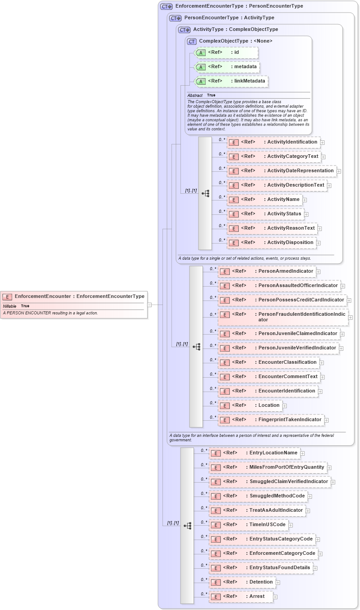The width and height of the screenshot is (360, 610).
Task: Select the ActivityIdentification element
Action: [273, 142]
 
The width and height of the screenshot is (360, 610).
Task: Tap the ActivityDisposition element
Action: [271, 243]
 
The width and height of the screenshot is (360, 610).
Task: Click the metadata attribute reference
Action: [227, 67]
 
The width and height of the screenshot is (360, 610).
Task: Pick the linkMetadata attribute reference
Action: [232, 81]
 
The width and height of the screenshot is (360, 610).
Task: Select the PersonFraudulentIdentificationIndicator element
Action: [282, 317]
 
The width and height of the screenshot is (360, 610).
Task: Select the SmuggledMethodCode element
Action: [258, 496]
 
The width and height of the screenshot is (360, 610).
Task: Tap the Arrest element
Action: [241, 597]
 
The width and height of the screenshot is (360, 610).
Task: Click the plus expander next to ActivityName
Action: [305, 200]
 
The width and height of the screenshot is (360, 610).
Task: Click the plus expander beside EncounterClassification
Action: [322, 363]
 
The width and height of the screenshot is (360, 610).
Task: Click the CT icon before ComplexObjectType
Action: [192, 41]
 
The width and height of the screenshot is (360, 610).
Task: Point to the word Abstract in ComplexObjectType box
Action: [195, 96]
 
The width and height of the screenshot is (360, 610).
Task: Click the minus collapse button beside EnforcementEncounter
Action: [149, 305]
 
